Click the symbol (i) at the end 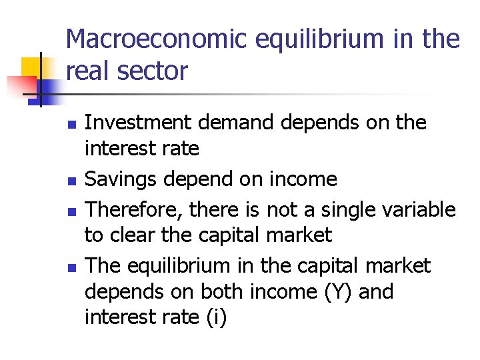213,318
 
